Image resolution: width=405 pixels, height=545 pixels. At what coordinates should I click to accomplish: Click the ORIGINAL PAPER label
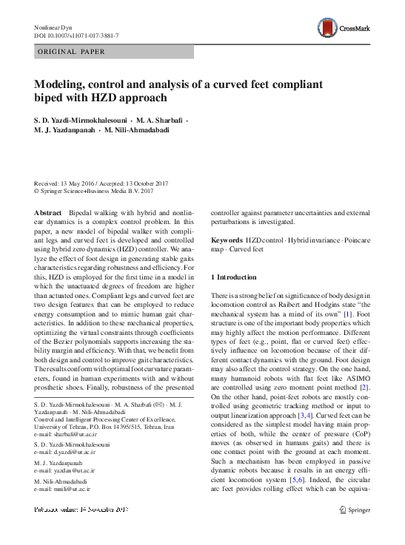point(70,53)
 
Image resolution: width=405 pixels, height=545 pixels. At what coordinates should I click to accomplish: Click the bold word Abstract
point(48,212)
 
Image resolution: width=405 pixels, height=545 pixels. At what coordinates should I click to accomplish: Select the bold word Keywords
point(227,241)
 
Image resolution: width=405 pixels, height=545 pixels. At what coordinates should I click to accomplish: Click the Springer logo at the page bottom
point(353,510)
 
